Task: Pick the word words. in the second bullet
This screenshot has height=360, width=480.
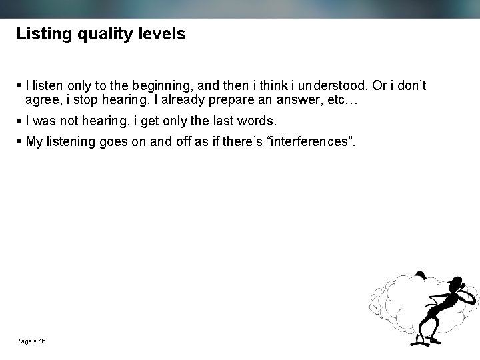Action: pyautogui.click(x=256, y=121)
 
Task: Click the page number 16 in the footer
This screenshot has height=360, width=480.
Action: pyautogui.click(x=42, y=341)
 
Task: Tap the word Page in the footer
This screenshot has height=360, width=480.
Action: pyautogui.click(x=24, y=341)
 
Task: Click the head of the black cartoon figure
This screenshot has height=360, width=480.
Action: pyautogui.click(x=459, y=283)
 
